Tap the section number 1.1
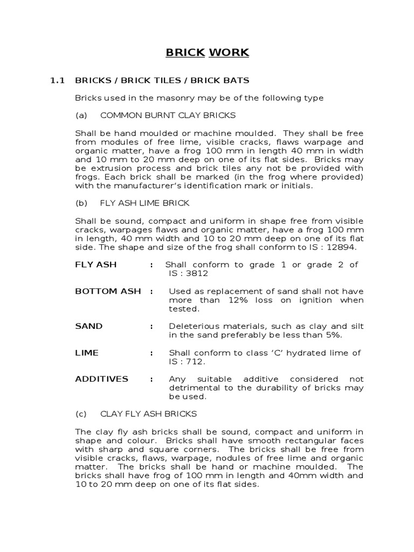pyautogui.click(x=57, y=81)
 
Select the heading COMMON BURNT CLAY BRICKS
pyautogui.click(x=168, y=115)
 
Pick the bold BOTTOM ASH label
pyautogui.click(x=108, y=291)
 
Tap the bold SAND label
pyautogui.click(x=89, y=326)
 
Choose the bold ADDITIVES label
pyautogui.click(x=102, y=379)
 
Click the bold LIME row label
pyautogui.click(x=87, y=353)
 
